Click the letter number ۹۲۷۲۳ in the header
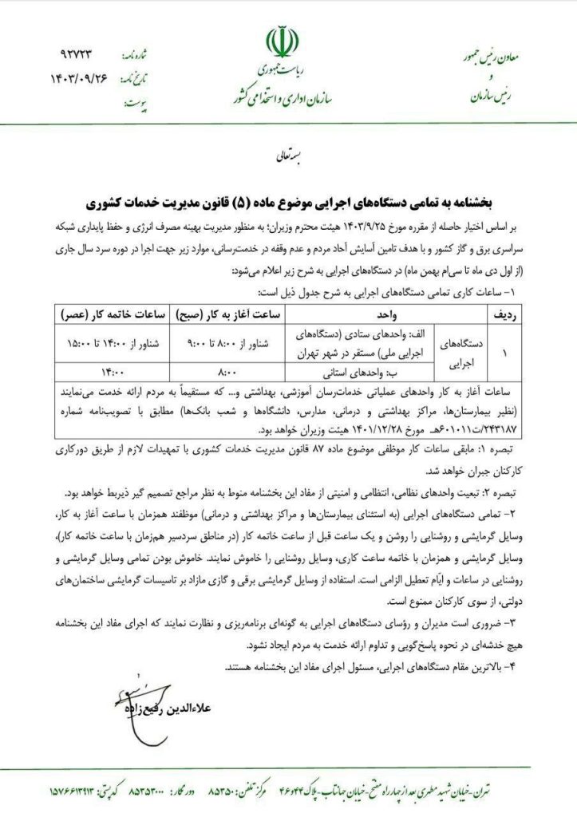[x=77, y=55]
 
